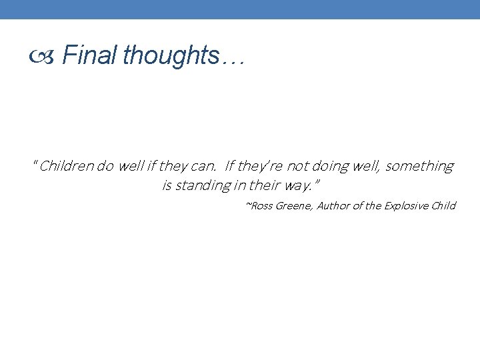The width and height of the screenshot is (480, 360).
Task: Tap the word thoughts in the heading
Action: pyautogui.click(x=171, y=55)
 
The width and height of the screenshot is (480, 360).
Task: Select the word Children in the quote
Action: pyautogui.click(x=67, y=166)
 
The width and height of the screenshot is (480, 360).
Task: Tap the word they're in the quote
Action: pyautogui.click(x=262, y=166)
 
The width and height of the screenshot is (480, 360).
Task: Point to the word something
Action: pyautogui.click(x=419, y=166)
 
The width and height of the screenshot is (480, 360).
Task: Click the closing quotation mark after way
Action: pyautogui.click(x=317, y=182)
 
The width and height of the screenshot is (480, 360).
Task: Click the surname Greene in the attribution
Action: pyautogui.click(x=293, y=205)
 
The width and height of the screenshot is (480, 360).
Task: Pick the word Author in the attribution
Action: pyautogui.click(x=333, y=205)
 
